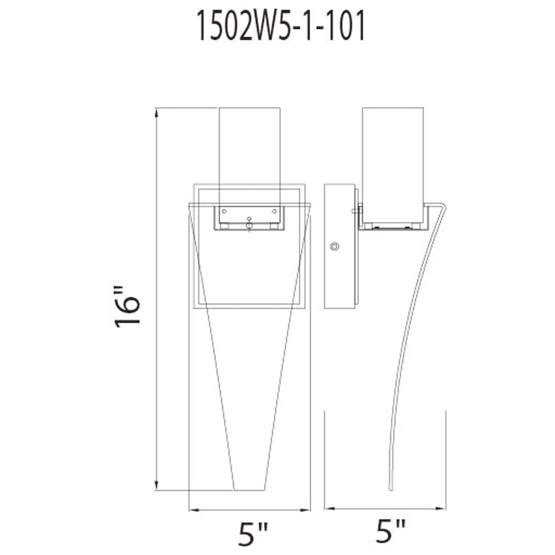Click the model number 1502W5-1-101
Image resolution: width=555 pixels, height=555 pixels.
281,26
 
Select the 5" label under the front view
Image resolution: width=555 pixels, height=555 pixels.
253,533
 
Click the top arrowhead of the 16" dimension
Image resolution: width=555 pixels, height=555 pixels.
156,113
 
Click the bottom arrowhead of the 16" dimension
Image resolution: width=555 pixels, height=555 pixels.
156,485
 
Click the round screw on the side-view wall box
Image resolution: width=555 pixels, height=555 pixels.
335,246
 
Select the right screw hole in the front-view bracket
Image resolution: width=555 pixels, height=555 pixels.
274,211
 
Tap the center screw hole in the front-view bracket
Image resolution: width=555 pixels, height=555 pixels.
249,219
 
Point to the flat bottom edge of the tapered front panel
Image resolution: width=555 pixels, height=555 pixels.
249,490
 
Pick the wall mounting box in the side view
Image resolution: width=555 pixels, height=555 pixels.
339,246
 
